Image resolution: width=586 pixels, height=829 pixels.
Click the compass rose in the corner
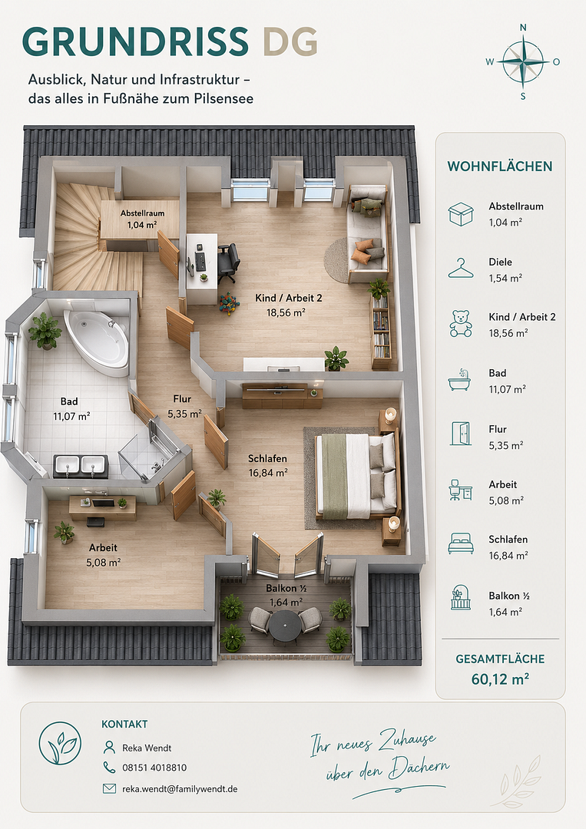click(523, 62)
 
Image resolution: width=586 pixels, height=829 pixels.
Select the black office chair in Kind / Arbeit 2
click(228, 262)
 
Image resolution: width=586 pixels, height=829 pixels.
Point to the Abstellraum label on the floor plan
click(142, 219)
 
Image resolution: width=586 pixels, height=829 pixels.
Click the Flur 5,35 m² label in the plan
click(184, 407)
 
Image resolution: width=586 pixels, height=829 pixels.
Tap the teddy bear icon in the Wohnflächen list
click(461, 324)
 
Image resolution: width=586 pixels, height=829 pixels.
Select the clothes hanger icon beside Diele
click(461, 268)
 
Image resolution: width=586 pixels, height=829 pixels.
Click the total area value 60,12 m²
click(500, 679)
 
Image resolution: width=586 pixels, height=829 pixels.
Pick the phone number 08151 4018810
click(154, 768)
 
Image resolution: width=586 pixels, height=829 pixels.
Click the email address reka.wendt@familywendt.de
click(180, 789)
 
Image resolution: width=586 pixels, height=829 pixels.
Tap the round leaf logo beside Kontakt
click(61, 743)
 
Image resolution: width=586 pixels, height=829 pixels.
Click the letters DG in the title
click(290, 41)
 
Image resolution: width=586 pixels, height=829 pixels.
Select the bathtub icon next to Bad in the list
click(459, 380)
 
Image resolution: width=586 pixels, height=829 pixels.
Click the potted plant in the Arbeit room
click(64, 533)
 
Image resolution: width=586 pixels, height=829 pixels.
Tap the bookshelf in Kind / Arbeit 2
click(382, 332)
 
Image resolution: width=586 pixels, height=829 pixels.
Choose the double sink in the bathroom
click(81, 465)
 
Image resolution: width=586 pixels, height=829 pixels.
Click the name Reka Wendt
click(147, 748)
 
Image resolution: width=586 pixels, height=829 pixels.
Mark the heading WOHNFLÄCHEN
click(500, 167)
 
